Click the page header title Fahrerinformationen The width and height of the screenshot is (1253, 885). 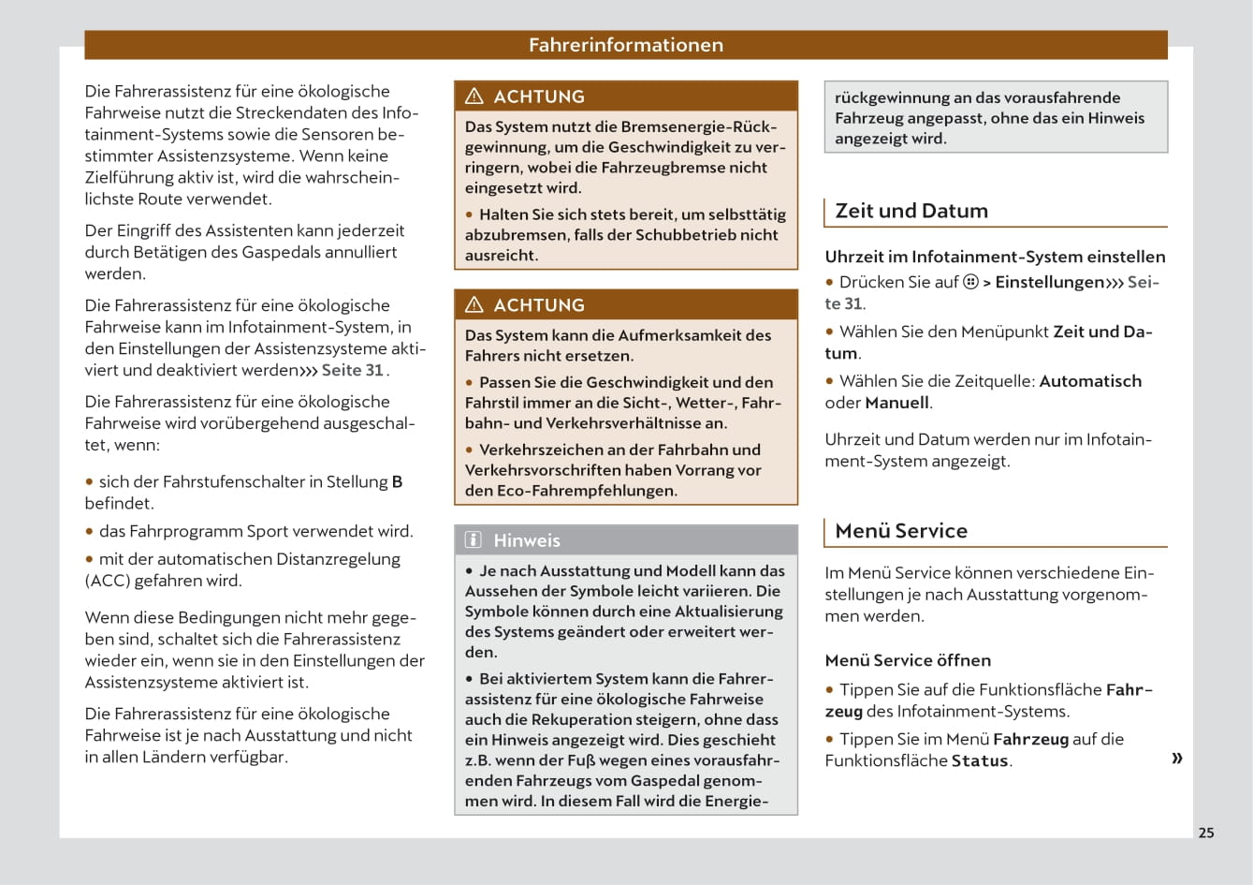point(625,45)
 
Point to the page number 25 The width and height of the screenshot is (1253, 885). point(1206,833)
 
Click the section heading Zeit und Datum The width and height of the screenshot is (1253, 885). point(911,211)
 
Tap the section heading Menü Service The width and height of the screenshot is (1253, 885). point(900,531)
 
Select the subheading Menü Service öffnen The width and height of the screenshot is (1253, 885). point(907,660)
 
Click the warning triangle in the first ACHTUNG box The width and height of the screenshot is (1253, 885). point(474,96)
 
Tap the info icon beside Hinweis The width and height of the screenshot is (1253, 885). point(474,540)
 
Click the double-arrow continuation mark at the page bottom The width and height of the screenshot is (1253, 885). point(1176,758)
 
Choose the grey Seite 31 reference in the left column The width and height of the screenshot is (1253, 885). point(352,370)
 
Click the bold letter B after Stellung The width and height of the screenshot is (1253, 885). point(397,481)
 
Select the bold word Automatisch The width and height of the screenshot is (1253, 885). point(1090,381)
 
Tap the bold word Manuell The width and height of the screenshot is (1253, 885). point(896,403)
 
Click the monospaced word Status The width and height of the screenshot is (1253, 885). point(979,761)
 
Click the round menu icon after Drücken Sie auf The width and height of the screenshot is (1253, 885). point(970,282)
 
